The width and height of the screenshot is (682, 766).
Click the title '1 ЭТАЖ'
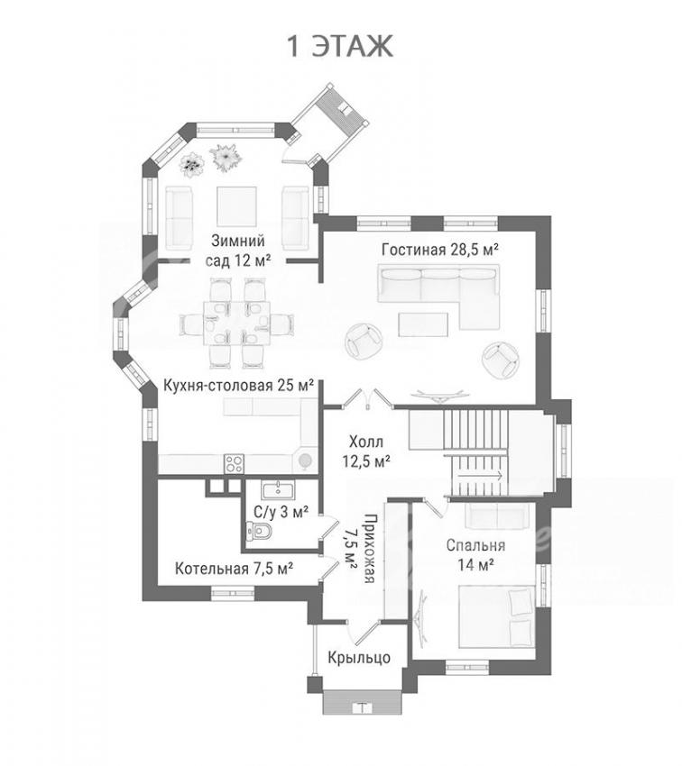point(340,47)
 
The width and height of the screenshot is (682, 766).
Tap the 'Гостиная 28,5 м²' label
point(439,250)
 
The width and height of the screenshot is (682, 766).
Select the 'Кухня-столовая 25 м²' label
point(238,386)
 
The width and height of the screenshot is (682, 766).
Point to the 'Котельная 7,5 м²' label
point(235,569)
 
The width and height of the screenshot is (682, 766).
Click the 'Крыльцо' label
point(359,658)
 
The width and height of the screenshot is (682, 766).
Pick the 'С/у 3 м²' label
point(281,512)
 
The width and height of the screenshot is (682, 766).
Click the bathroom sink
point(278,490)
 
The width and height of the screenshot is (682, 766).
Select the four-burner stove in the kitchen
point(234,463)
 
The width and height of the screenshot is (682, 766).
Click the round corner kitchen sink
point(306,460)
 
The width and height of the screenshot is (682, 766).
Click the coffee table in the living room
point(423,324)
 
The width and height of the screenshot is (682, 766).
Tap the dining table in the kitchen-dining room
point(236,324)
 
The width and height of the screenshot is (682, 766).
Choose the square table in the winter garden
point(236,206)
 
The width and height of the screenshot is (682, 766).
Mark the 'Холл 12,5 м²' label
point(369,451)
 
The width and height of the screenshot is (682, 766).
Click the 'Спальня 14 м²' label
point(475,555)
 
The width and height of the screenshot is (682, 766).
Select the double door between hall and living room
point(367,397)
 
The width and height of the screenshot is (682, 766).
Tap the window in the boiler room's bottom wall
point(233,593)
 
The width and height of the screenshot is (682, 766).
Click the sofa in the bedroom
point(496,515)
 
